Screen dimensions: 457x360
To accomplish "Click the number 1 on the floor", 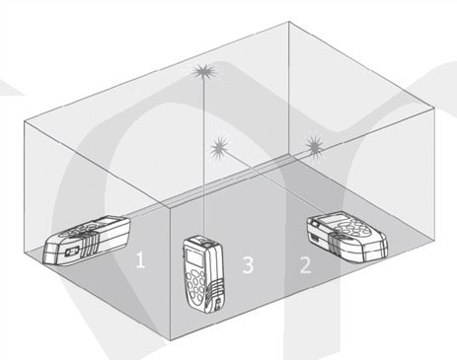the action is pos(140,259).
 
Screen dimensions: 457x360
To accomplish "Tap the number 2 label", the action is pos(305,265).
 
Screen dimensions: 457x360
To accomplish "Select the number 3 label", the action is pos(248,264).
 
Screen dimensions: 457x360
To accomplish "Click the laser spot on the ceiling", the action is pos(203,71).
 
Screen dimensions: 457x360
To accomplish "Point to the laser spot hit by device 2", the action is pos(220,148).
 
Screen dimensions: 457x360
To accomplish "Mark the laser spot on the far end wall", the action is pos(315,145).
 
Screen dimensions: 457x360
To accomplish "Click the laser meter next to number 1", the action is pos(87,239).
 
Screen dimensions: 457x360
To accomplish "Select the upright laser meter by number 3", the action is pos(204,273).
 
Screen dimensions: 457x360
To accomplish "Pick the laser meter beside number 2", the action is pos(346,237).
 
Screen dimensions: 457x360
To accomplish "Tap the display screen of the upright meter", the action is pos(194,256).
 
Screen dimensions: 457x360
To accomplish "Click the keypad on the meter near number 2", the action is pos(352,228).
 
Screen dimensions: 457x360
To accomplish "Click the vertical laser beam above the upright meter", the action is pos(204,155).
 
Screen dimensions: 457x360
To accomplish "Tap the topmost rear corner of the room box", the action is pos(289,22).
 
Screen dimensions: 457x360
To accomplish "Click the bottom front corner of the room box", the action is pos(170,340).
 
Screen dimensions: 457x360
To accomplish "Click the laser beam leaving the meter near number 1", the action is pos(217,183).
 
